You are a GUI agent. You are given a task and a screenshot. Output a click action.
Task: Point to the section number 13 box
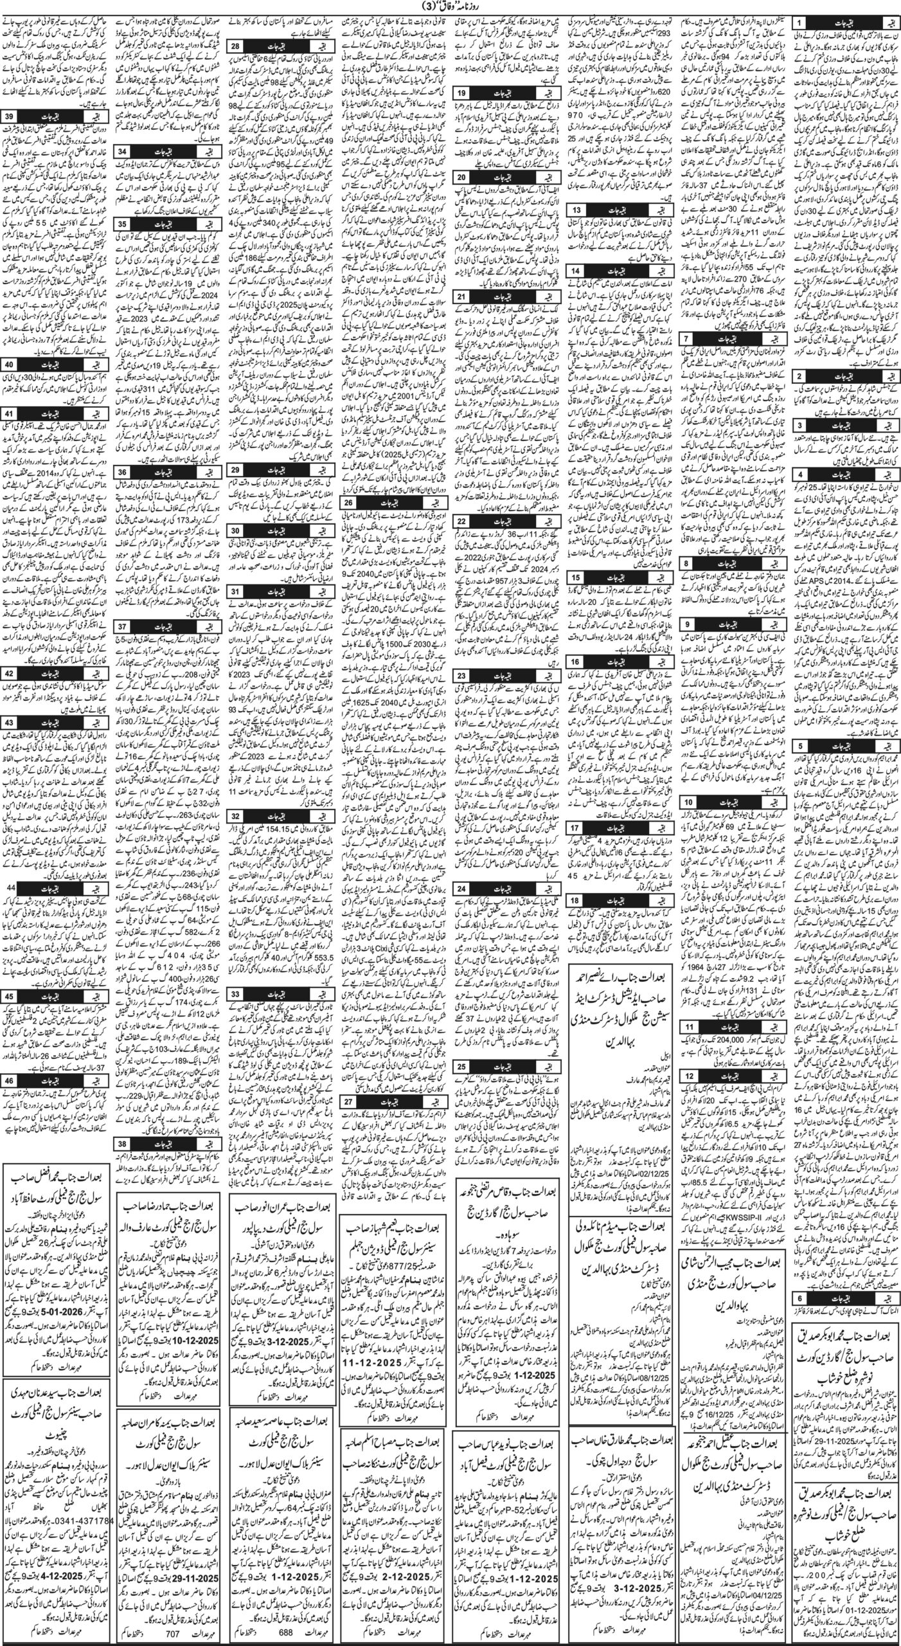(577, 211)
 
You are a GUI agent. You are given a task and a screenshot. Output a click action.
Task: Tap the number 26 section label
(349, 502)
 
